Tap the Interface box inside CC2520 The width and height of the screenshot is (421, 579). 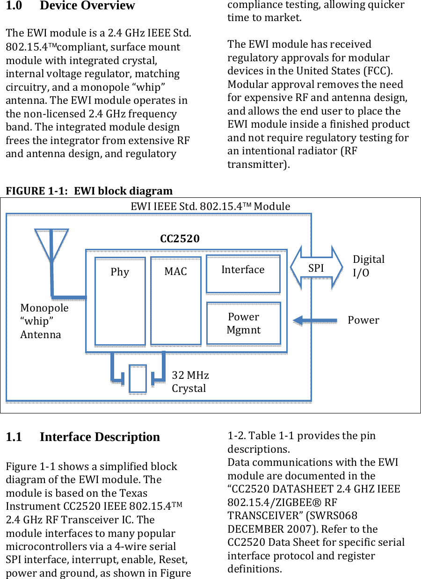click(243, 274)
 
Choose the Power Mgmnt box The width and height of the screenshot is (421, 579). click(243, 323)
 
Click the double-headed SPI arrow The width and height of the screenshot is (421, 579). click(316, 268)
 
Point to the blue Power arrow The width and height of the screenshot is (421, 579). click(315, 320)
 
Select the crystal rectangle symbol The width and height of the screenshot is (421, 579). click(138, 378)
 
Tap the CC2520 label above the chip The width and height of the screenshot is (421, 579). click(180, 239)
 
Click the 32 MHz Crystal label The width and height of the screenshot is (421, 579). click(190, 382)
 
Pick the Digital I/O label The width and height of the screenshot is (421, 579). click(368, 266)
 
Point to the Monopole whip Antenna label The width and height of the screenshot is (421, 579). click(44, 321)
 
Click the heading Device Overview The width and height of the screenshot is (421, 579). click(87, 6)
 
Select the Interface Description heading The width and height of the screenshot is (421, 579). click(100, 437)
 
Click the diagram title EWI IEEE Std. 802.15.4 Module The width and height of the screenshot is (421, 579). click(210, 206)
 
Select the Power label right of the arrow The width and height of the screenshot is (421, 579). click(363, 320)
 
